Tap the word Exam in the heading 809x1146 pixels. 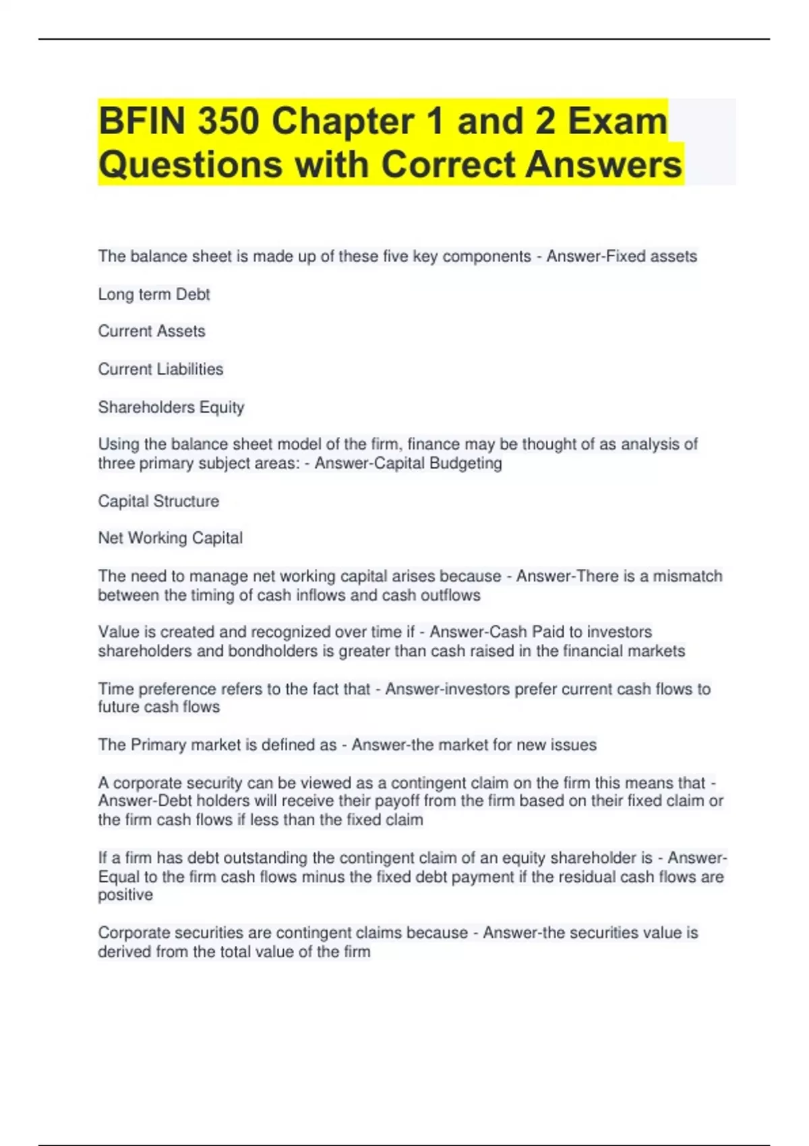pyautogui.click(x=617, y=121)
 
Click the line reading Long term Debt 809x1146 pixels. pyautogui.click(x=154, y=295)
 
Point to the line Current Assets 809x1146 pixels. pyautogui.click(x=152, y=332)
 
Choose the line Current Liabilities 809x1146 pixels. pyautogui.click(x=160, y=369)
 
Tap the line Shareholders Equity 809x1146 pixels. pyautogui.click(x=171, y=407)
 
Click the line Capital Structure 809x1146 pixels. pyautogui.click(x=158, y=502)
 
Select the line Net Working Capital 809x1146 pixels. pyautogui.click(x=170, y=538)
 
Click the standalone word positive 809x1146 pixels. pyautogui.click(x=125, y=895)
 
